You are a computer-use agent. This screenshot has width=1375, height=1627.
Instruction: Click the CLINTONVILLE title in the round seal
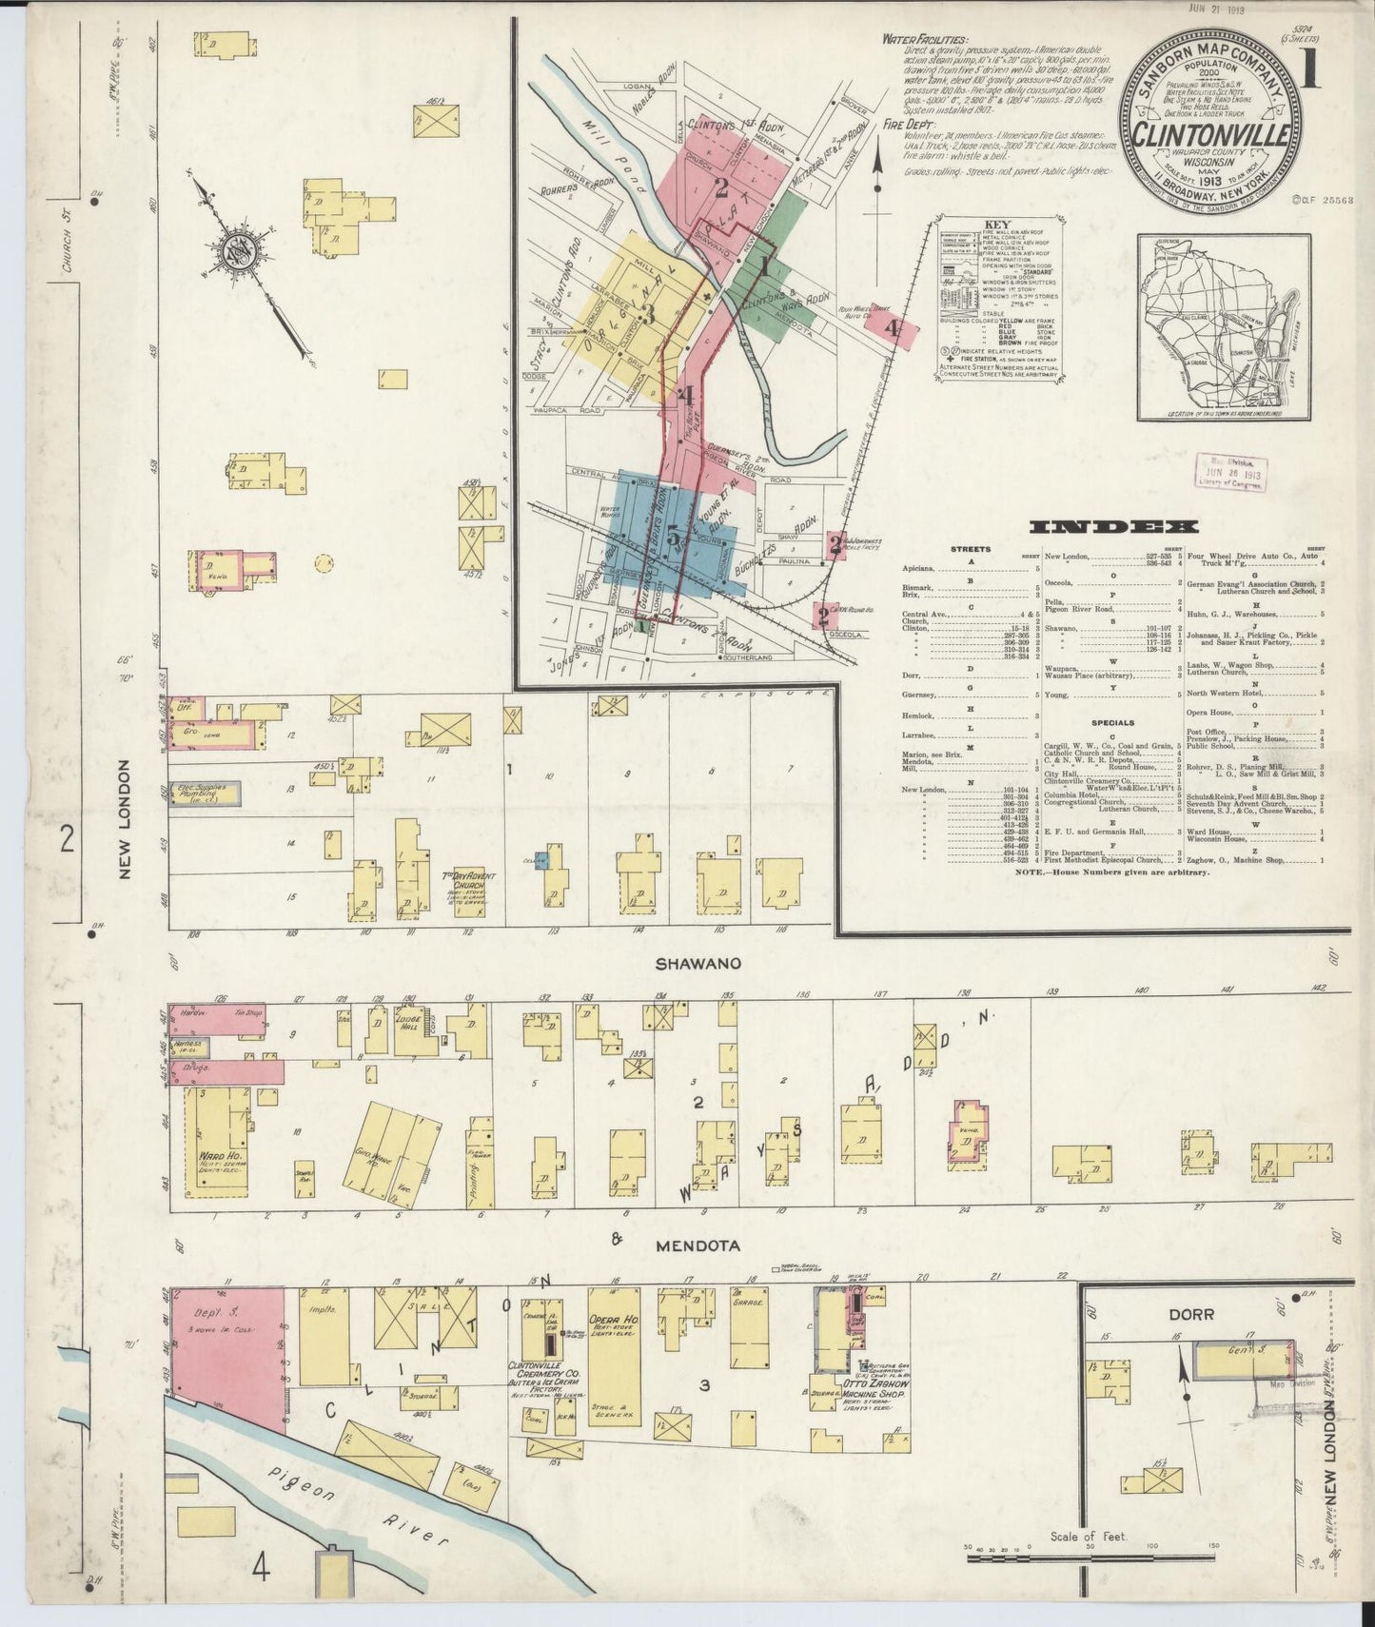coord(1210,135)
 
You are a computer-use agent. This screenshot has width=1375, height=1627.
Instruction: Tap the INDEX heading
coord(1114,526)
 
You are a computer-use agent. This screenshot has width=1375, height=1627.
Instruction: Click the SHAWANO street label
coord(697,963)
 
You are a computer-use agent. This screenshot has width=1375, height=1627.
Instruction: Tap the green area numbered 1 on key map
coord(763,271)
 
